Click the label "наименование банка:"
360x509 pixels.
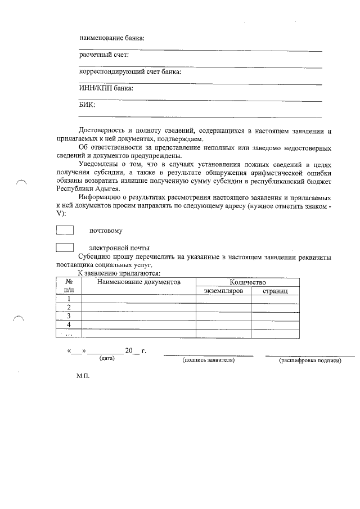[111, 38]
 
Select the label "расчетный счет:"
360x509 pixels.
[104, 55]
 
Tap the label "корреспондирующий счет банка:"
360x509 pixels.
[130, 72]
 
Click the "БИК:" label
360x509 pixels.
[87, 105]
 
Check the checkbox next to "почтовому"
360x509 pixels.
[65, 230]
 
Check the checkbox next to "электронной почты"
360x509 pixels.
[65, 247]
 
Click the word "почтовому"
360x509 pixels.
[106, 231]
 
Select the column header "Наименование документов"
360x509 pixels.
[138, 282]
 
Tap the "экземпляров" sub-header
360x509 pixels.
[223, 291]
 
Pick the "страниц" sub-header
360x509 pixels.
[274, 291]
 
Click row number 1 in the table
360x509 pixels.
[69, 299]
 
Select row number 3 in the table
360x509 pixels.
[69, 316]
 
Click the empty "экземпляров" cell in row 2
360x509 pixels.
[223, 308]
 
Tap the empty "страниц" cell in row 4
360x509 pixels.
[274, 325]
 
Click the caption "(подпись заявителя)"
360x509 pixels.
[208, 361]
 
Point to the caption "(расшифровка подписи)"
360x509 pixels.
[310, 361]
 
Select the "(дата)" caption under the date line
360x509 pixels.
[107, 358]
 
